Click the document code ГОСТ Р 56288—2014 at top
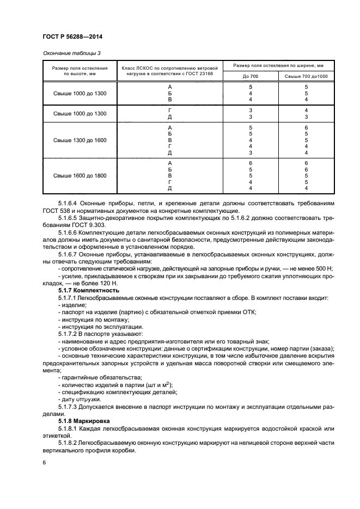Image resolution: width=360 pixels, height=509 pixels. point(72,37)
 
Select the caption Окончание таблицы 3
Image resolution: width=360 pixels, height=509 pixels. point(71,53)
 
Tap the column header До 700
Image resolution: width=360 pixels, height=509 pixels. point(251,76)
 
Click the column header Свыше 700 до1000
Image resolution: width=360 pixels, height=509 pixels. point(306,76)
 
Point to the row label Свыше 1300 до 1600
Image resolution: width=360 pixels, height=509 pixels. point(80,140)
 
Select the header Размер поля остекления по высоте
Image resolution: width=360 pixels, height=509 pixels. point(80,69)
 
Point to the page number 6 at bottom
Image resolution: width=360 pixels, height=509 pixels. point(44,462)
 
